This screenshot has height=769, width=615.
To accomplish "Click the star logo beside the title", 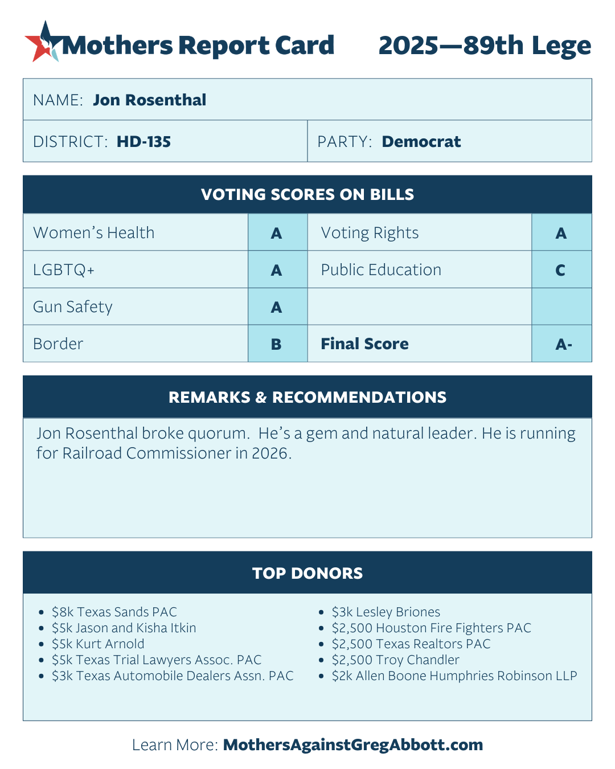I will [43, 42].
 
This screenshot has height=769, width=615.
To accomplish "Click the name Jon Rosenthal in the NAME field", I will [149, 100].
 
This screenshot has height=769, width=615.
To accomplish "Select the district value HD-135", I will [143, 141].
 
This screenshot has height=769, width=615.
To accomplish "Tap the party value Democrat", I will [421, 141].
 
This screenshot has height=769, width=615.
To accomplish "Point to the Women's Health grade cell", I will [277, 232].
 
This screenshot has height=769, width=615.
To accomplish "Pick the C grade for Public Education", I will [560, 270].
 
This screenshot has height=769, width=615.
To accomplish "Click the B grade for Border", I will [277, 344].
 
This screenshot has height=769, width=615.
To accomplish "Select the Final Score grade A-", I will [563, 344].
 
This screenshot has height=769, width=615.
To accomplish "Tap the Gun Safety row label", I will [73, 307].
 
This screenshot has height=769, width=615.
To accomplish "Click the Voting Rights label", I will [370, 232].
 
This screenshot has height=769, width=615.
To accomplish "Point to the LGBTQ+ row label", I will [64, 269].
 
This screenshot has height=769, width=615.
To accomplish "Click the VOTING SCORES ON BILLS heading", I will [307, 194].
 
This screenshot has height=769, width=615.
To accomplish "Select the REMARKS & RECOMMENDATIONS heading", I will [307, 397].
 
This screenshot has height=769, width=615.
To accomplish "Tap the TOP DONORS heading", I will [307, 572].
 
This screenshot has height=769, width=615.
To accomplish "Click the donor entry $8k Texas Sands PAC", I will [114, 612].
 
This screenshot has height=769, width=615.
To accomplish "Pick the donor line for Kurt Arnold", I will [98, 644].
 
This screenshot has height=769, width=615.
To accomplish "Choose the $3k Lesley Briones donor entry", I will [386, 612].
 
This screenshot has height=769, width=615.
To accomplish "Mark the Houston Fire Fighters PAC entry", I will [431, 628].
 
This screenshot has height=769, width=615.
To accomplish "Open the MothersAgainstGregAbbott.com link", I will [352, 745].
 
